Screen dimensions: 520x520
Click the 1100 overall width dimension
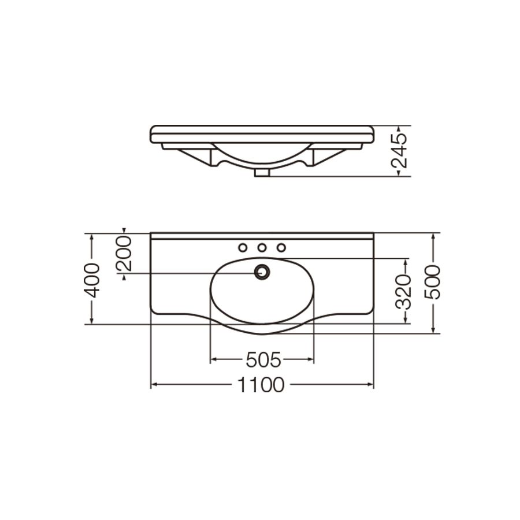click(x=261, y=385)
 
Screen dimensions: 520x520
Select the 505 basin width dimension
click(x=263, y=359)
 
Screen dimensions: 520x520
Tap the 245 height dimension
click(x=399, y=151)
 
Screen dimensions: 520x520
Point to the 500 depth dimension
click(x=433, y=282)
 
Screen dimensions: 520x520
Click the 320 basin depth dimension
click(x=404, y=292)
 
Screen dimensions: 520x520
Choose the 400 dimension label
click(x=91, y=280)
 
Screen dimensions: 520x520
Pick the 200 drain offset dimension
click(x=124, y=254)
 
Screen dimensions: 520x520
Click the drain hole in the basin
click(x=262, y=272)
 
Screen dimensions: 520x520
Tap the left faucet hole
click(x=243, y=247)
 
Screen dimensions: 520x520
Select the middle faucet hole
click(x=262, y=247)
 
